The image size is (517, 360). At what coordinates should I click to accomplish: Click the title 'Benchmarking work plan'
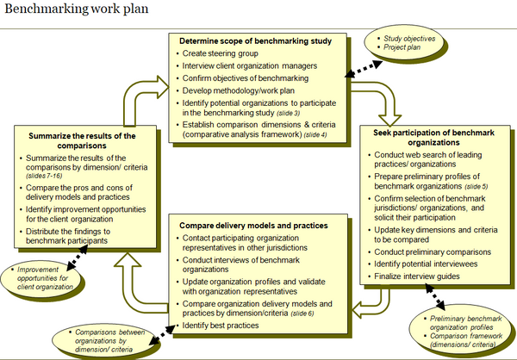click(75, 9)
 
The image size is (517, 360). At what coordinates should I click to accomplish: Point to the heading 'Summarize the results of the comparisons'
click(84, 140)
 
